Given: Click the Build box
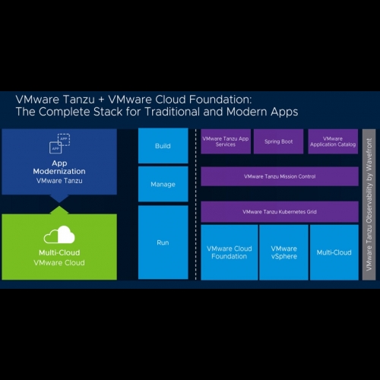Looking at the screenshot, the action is (163, 146).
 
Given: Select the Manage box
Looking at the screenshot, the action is (163, 184).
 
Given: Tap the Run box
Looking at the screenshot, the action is (163, 242).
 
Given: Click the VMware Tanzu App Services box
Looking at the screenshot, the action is (226, 141).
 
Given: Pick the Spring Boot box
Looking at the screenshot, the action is (279, 141).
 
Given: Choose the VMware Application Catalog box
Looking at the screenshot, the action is (333, 141).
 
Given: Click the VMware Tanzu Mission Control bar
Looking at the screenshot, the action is (280, 176).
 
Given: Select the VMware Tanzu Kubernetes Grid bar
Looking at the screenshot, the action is (280, 212).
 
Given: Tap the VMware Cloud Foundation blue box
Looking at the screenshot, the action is (230, 252).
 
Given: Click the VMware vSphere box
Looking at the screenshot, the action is (284, 252).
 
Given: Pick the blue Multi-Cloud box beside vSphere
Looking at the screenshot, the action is (334, 252).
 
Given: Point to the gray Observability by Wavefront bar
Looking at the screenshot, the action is (369, 204).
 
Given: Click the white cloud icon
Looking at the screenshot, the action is (59, 235).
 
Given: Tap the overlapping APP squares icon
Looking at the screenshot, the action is (59, 144).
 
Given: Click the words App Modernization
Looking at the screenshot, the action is (59, 167).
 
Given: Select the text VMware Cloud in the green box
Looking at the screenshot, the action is (59, 263).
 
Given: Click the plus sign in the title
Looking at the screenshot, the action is (101, 100).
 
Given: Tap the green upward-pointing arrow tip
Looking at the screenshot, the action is (59, 206).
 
